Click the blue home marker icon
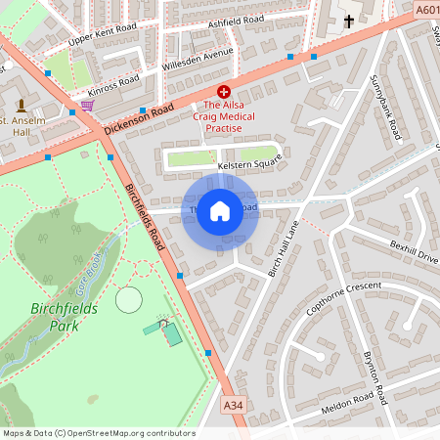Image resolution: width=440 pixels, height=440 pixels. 220,209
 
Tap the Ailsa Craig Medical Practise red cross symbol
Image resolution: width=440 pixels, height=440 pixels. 223,89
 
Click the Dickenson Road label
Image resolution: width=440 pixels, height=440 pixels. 139,119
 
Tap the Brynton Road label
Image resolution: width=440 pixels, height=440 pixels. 375,379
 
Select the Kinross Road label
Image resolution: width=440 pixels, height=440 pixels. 114,83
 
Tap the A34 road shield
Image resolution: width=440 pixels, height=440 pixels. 233,404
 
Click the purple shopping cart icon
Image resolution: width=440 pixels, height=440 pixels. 87,105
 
